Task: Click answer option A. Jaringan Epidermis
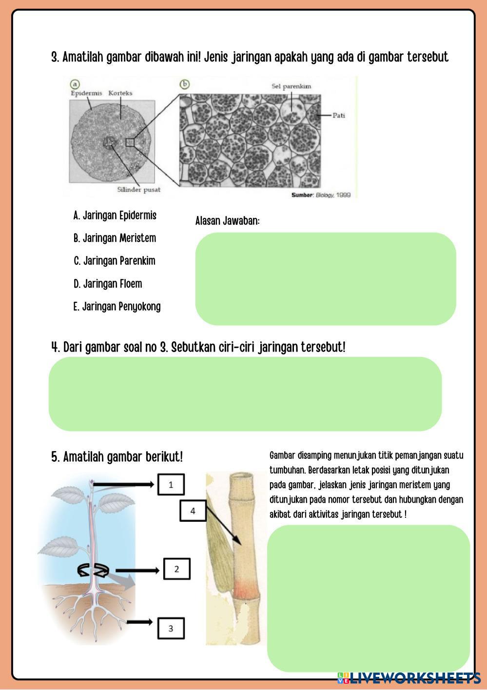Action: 115,216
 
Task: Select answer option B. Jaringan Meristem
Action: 115,238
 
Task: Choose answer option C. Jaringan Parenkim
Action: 114,261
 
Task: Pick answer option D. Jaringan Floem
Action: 108,284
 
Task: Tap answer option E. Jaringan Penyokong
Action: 117,307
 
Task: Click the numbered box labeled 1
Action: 171,485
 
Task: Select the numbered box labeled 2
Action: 176,569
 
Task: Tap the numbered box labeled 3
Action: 171,629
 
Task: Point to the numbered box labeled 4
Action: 193,511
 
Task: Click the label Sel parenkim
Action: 291,86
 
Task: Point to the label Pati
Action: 338,116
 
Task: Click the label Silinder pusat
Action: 138,189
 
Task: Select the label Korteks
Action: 120,93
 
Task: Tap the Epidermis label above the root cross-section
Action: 86,93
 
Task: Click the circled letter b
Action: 184,84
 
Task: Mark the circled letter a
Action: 75,84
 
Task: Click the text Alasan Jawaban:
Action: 227,221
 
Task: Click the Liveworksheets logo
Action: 409,678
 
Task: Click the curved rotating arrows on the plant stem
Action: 93,570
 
